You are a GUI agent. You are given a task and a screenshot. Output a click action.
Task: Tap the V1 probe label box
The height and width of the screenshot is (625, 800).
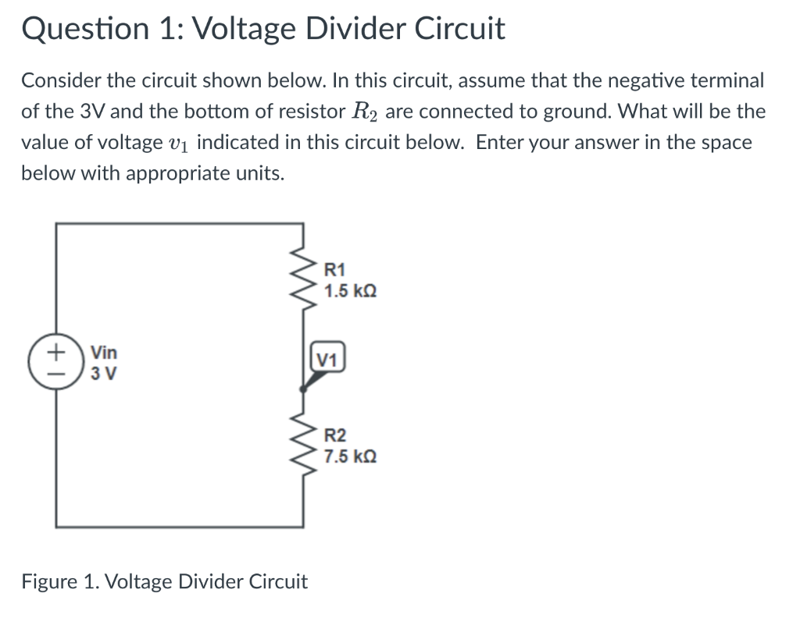(x=327, y=360)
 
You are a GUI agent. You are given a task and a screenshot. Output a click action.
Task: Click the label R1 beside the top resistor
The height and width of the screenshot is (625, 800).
(x=334, y=272)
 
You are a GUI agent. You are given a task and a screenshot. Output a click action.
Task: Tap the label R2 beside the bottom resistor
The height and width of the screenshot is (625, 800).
(x=334, y=436)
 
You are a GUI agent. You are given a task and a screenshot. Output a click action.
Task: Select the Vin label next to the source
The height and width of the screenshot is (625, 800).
(x=104, y=352)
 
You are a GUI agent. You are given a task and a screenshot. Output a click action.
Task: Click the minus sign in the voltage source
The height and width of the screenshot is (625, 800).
(x=55, y=375)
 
